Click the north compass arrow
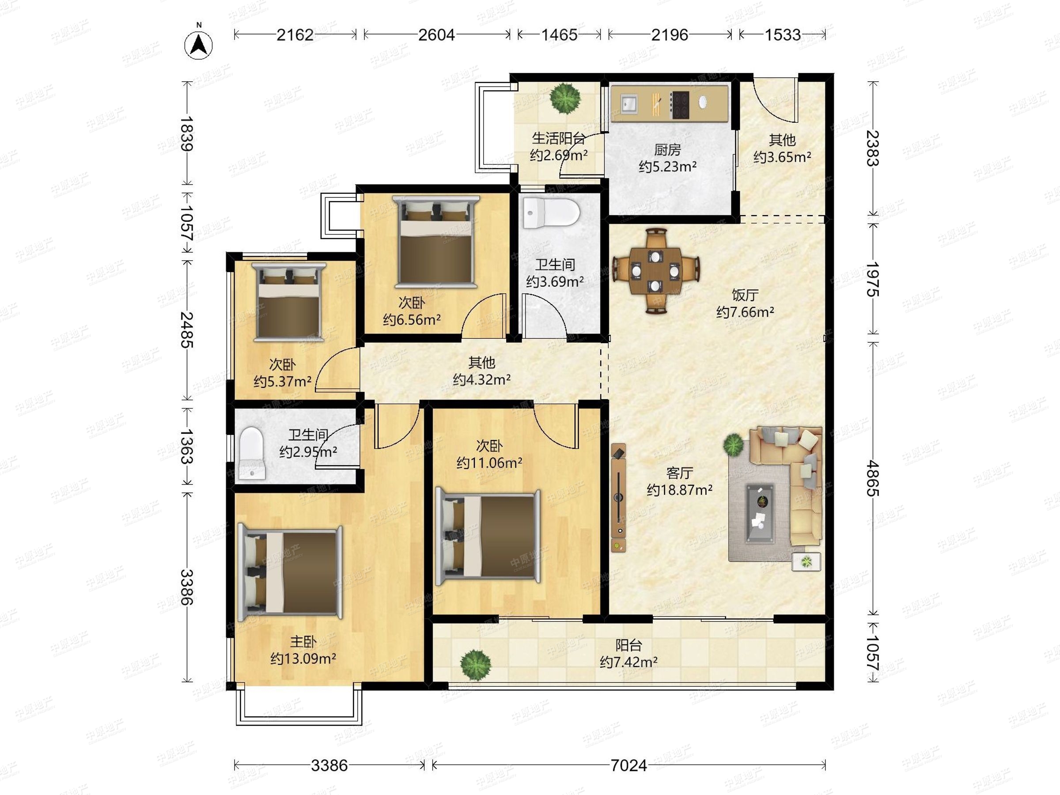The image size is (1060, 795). click(x=198, y=45)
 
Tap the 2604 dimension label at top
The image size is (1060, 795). click(x=436, y=35)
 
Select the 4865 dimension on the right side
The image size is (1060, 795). click(x=873, y=478)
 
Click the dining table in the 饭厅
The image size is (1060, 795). click(x=655, y=271)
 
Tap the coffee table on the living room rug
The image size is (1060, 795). click(x=760, y=513)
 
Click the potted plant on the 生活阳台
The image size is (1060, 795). click(x=565, y=98)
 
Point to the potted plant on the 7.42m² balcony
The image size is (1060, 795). click(x=475, y=665)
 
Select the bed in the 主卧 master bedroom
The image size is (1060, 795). click(x=291, y=573)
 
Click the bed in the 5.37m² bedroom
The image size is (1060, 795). click(x=289, y=302)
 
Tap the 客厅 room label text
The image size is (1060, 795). click(x=680, y=473)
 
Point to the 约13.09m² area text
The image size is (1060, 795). click(x=303, y=659)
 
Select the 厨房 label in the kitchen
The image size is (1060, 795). click(x=667, y=150)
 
